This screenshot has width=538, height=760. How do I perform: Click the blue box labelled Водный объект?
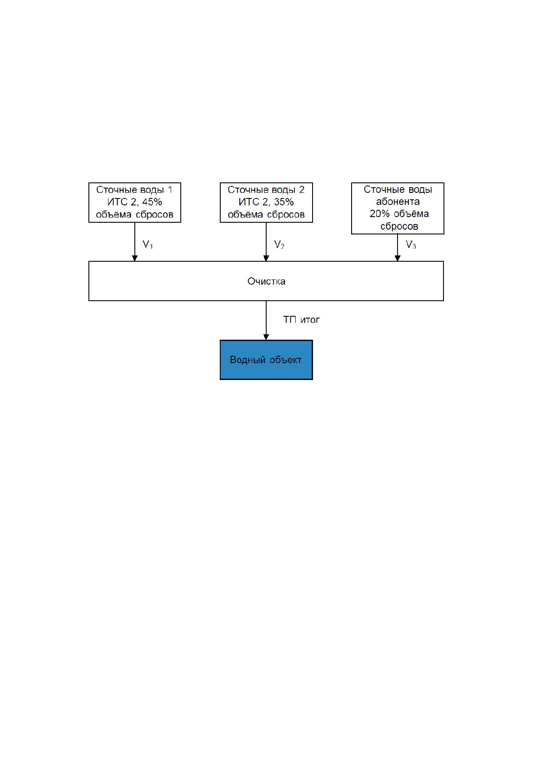266,360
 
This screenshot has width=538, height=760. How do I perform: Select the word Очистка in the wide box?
266,281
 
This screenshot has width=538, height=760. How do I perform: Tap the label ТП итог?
301,320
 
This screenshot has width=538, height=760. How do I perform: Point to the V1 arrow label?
148,245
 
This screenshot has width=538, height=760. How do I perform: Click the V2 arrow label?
279,245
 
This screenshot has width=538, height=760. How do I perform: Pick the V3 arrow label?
411,245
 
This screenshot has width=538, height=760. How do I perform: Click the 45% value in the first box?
152,202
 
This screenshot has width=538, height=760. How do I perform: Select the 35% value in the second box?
284,202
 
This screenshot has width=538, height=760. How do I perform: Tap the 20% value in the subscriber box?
380,214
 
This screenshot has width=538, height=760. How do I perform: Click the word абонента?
398,202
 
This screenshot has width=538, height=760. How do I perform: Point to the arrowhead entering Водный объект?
266,337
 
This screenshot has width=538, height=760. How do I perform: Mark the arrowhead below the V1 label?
135,258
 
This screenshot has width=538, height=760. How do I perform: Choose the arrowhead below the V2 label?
266,258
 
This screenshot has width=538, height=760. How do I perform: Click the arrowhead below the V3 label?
398,258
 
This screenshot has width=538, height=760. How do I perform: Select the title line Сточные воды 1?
134,190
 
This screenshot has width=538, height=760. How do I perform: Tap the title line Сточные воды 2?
266,190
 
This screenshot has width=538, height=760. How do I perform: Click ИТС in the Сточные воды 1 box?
117,202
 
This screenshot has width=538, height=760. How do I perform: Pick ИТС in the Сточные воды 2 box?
249,202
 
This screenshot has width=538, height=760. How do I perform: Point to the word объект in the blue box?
285,360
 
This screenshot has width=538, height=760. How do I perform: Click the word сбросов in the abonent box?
399,226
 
